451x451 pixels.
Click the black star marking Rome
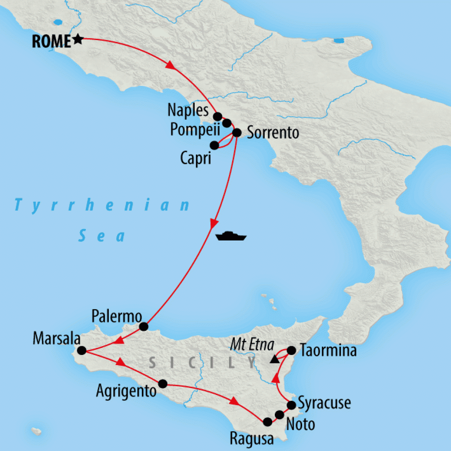pyautogui.click(x=78, y=40)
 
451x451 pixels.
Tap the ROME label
pyautogui.click(x=51, y=41)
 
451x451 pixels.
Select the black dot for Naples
pyautogui.click(x=217, y=116)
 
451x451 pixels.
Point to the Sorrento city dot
pyautogui.click(x=237, y=132)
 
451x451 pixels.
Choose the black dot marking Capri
pyautogui.click(x=214, y=145)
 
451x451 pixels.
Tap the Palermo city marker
pyautogui.click(x=143, y=326)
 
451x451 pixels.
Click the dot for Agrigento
pyautogui.click(x=163, y=384)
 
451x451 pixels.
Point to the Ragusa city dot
pyautogui.click(x=267, y=422)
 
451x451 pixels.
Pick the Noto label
pyautogui.click(x=300, y=425)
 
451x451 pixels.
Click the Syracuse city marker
pyautogui.click(x=291, y=405)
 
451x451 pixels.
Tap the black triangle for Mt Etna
pyautogui.click(x=274, y=359)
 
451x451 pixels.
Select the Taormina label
pyautogui.click(x=328, y=351)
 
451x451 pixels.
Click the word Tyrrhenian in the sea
pyautogui.click(x=102, y=205)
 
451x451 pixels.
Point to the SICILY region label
pyautogui.click(x=203, y=362)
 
